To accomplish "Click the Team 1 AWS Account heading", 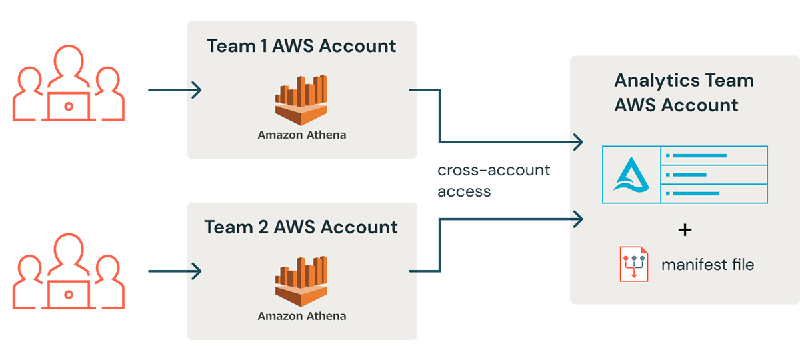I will point(301,46).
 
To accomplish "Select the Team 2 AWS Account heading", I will point(301,227).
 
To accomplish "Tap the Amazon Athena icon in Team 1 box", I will point(301,100).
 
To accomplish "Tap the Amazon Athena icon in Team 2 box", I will point(301,281).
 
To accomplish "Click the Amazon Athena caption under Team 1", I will point(302,135).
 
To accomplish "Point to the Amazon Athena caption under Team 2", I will point(302,315).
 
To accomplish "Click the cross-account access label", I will point(493,181).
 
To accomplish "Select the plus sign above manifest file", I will point(685,230).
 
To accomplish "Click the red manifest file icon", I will point(633,264).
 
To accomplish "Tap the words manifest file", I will point(707,265).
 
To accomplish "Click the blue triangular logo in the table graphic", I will point(630,175).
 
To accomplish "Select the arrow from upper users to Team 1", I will point(175,90).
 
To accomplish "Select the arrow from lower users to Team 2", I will point(175,271).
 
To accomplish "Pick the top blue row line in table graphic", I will point(696,156).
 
